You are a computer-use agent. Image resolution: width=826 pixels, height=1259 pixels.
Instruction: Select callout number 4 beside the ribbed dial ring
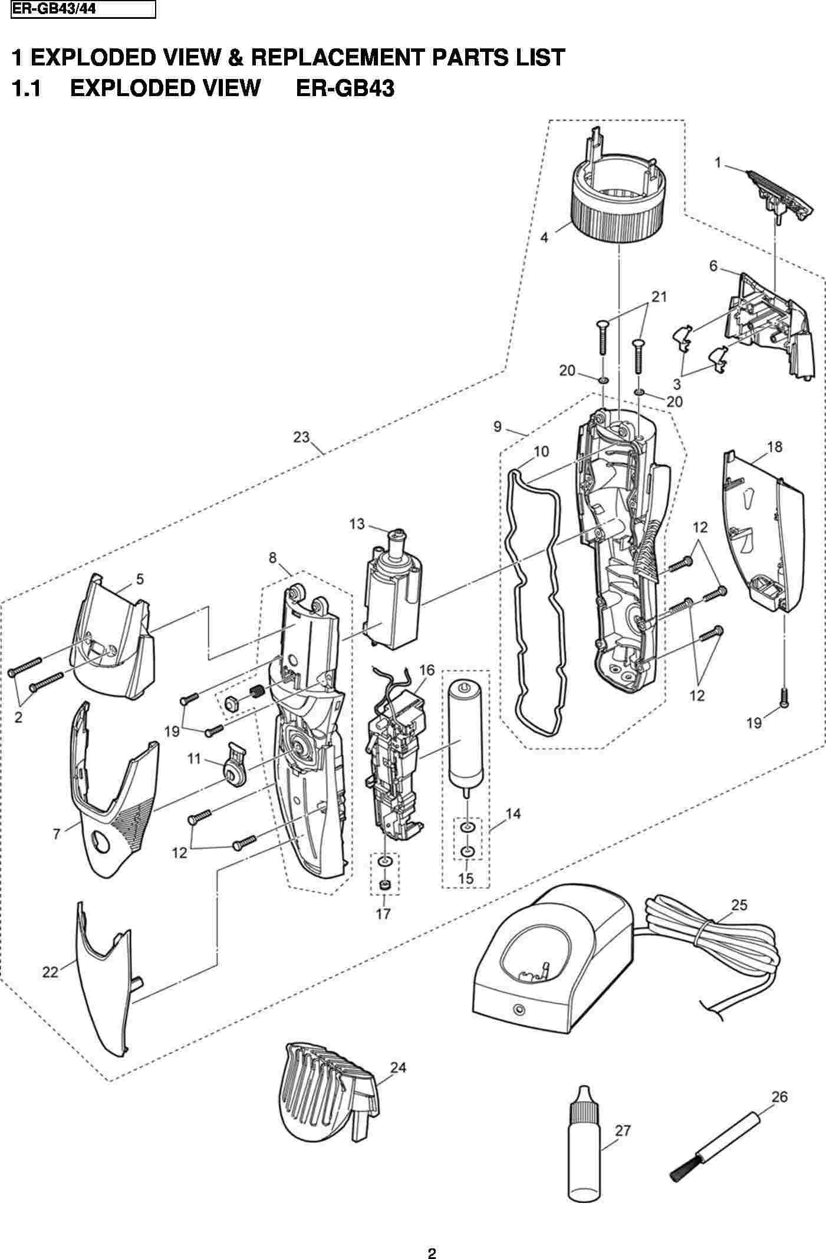pos(544,238)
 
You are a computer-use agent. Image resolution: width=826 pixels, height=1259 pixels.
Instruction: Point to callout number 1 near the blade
pos(718,162)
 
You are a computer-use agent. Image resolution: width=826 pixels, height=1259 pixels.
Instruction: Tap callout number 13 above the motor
pos(357,524)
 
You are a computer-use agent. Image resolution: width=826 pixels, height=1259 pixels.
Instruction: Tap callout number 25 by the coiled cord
pos(739,905)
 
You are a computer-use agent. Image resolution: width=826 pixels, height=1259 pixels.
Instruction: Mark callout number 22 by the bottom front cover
pos(50,971)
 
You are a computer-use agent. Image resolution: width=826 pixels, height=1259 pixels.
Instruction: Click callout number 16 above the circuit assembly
pos(426,670)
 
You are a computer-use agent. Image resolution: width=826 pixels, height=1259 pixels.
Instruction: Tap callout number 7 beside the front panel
pos(57,834)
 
